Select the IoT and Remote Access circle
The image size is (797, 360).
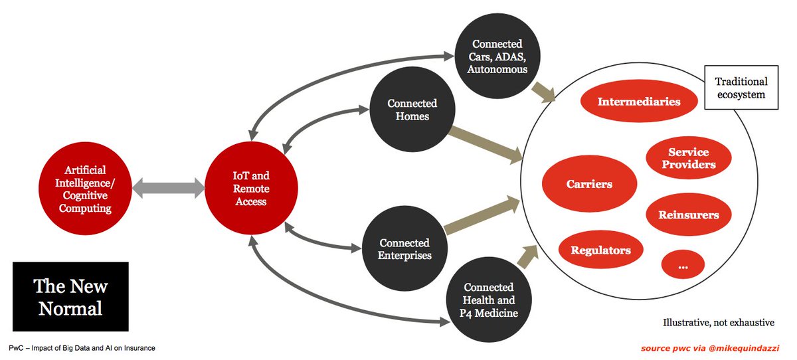click(x=251, y=188)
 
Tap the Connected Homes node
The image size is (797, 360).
click(x=412, y=110)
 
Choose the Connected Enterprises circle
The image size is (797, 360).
click(x=404, y=248)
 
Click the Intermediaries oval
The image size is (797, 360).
click(x=638, y=102)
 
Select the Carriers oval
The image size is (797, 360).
click(x=589, y=184)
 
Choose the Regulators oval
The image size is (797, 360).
click(x=600, y=250)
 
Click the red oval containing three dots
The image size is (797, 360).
click(x=683, y=265)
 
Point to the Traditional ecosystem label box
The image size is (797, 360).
click(x=741, y=88)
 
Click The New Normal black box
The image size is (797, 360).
click(x=70, y=297)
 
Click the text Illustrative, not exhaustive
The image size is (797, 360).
click(x=719, y=323)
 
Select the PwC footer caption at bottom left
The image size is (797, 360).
click(x=82, y=348)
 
